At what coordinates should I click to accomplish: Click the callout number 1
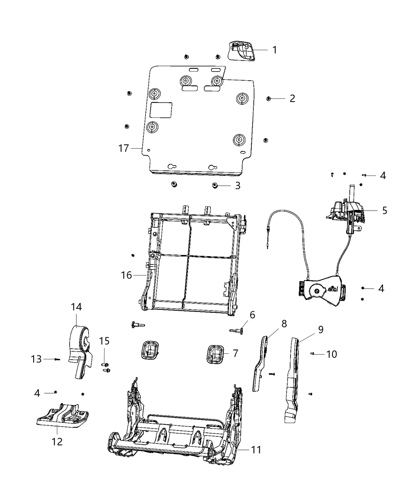point(275,50)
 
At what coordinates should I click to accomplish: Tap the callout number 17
point(124,148)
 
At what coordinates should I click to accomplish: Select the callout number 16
point(126,275)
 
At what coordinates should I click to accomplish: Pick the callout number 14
point(76,307)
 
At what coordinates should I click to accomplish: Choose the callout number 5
point(385,210)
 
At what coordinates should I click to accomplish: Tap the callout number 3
point(238,186)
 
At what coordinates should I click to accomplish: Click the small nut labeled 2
point(268,98)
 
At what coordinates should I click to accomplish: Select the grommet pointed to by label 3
point(215,185)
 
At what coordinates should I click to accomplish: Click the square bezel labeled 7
point(215,354)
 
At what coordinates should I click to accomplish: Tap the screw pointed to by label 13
point(57,359)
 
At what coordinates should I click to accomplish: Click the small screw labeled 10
point(312,354)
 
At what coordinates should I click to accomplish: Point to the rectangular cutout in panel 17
point(161,110)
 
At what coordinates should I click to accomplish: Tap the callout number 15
point(104,341)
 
